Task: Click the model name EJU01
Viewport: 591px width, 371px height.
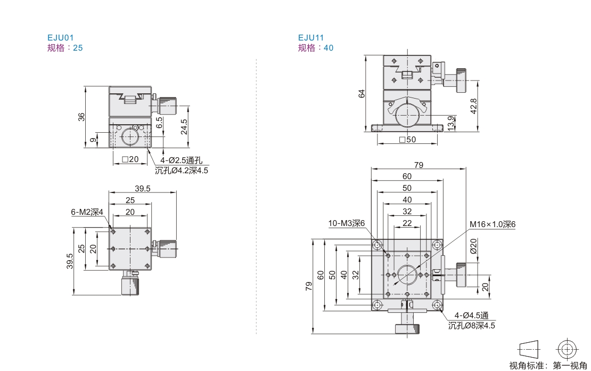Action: coord(60,37)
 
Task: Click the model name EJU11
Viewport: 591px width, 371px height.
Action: coord(311,37)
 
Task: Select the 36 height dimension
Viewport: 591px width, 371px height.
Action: coord(81,117)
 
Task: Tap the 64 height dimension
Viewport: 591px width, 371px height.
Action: coord(362,94)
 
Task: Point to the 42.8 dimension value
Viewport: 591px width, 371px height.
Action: coord(474,106)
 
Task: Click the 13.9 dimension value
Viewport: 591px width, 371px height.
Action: coord(451,124)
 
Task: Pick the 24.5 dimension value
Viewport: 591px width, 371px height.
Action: coord(184,127)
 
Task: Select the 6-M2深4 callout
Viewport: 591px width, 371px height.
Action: coord(87,212)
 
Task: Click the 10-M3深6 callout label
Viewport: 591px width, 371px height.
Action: coord(347,223)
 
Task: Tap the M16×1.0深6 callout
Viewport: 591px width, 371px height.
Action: coord(492,224)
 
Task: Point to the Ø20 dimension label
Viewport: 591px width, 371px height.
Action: coord(473,246)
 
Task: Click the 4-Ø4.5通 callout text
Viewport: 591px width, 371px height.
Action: coord(471,315)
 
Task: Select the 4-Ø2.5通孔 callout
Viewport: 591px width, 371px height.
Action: coord(182,160)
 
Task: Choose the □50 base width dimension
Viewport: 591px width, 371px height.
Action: coord(407,139)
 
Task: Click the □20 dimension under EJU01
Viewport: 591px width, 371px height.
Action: coord(130,159)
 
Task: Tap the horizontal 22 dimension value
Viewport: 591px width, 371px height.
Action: coord(407,223)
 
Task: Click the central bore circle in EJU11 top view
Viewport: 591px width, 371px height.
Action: coord(407,275)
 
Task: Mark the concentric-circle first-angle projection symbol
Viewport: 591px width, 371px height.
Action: coord(567,350)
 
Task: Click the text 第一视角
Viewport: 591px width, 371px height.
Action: coord(570,365)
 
